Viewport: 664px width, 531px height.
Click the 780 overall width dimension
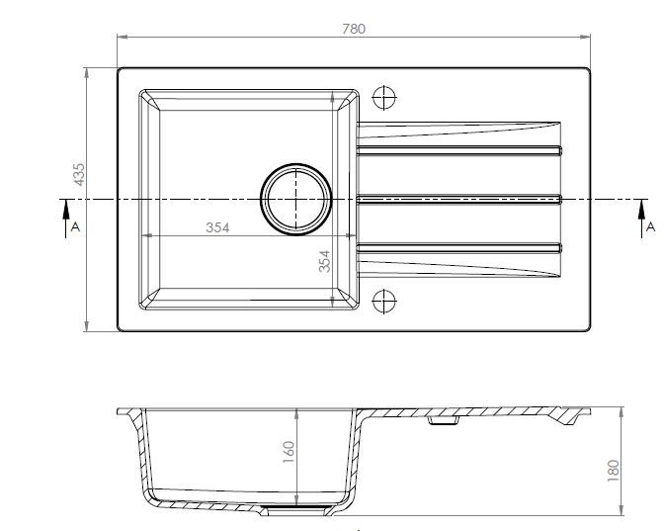pos(354,29)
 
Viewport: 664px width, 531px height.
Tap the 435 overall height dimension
pos(79,174)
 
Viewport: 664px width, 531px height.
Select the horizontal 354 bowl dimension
pos(217,227)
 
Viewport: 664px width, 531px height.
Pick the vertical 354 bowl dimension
pos(324,261)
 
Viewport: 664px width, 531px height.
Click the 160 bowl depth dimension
pos(289,452)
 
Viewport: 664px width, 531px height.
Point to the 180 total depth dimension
pos(614,471)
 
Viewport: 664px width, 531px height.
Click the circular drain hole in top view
pos(296,199)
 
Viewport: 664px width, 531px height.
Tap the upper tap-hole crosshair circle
pos(384,98)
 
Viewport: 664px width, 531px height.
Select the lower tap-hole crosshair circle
pos(384,302)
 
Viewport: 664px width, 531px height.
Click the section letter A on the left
pos(75,226)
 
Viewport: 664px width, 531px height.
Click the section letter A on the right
pos(651,226)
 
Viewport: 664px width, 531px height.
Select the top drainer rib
pos(459,150)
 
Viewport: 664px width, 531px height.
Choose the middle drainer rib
pos(459,199)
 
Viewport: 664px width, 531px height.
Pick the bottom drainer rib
pos(459,248)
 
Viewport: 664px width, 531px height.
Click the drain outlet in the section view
pos(296,510)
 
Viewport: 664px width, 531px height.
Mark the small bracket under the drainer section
pos(444,420)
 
